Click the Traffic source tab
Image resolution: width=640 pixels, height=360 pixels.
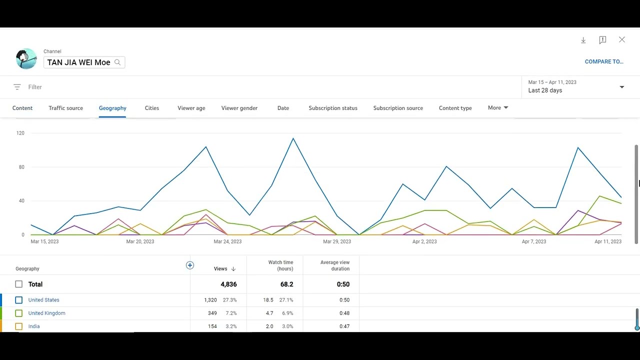(x=65, y=108)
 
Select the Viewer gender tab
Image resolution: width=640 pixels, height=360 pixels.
(x=239, y=108)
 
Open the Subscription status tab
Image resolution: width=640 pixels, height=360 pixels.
(x=333, y=108)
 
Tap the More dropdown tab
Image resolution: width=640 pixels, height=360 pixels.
(x=498, y=107)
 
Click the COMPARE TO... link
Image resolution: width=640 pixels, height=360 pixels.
(x=604, y=61)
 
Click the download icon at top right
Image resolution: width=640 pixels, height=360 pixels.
(x=583, y=40)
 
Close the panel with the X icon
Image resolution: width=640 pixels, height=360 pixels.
(x=622, y=39)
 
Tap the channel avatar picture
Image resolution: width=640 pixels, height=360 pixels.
(x=26, y=59)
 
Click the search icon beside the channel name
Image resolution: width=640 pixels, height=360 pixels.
(x=117, y=62)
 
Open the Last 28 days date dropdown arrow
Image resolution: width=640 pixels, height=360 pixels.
(x=622, y=87)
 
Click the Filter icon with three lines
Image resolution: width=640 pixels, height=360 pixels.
(x=17, y=87)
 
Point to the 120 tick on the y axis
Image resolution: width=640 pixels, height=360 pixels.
(x=20, y=133)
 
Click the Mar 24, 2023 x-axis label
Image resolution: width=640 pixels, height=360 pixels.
(x=227, y=241)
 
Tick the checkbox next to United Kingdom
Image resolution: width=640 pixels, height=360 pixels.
(x=19, y=313)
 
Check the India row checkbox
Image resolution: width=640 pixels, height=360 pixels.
(x=19, y=326)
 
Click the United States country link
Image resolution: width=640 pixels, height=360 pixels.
(x=43, y=300)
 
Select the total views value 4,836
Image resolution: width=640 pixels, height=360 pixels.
(x=228, y=284)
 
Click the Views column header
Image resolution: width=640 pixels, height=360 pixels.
(x=220, y=268)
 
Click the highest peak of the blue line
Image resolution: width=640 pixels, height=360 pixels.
(x=293, y=138)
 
